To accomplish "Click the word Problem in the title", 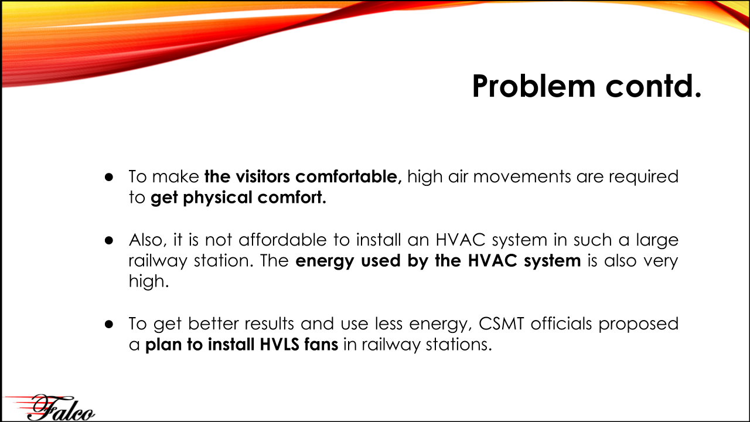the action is (534, 86).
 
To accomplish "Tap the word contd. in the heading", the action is (653, 86).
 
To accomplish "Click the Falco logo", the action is (50, 407).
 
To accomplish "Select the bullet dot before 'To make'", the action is (109, 177).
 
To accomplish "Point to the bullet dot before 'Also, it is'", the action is (109, 240).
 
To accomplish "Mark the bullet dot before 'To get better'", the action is (109, 324).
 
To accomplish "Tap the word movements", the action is (522, 177).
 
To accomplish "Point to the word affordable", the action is (282, 240).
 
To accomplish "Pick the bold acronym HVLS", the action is (279, 345).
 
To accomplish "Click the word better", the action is (213, 324).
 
